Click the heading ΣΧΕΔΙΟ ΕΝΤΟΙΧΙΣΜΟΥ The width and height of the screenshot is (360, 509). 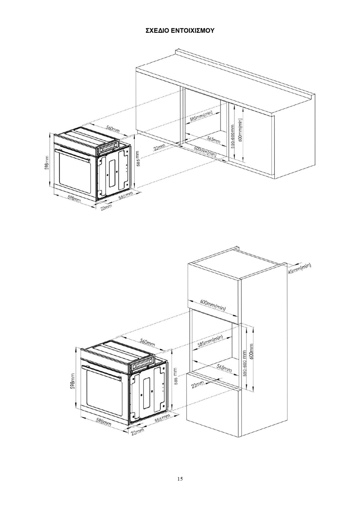(180, 31)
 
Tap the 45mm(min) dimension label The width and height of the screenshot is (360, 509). (299, 269)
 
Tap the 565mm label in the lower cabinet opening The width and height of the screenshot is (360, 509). (224, 368)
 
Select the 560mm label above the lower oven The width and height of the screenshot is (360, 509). (148, 343)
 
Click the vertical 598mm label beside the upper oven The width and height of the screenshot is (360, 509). (47, 163)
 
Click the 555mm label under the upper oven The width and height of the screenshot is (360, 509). (126, 195)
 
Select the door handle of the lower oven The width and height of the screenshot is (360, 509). (102, 372)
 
